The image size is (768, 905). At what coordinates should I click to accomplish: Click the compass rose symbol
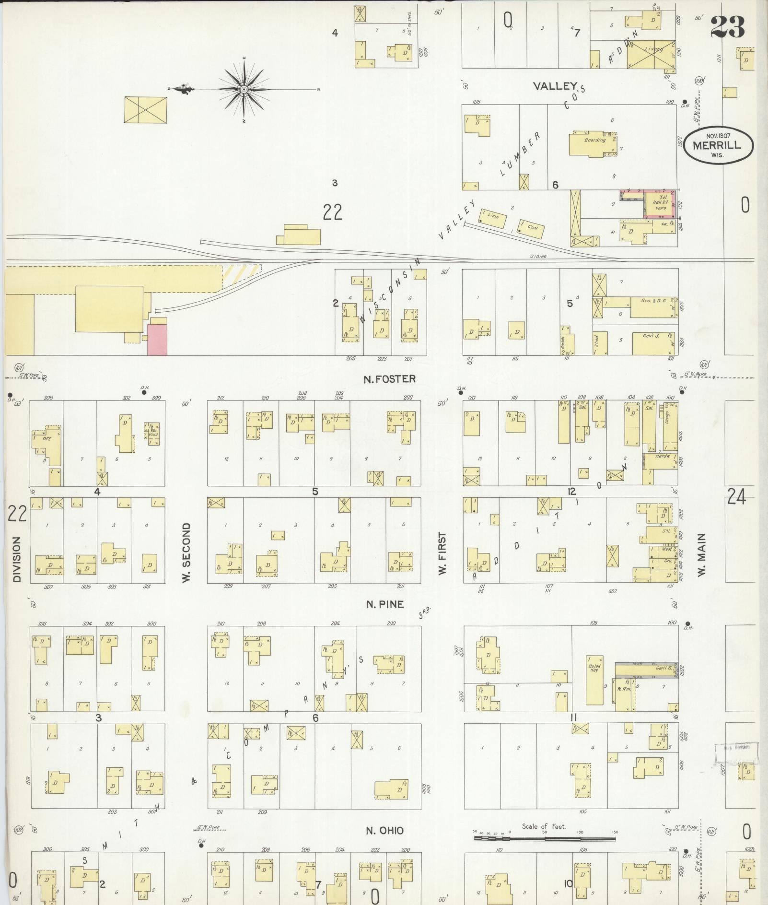[244, 89]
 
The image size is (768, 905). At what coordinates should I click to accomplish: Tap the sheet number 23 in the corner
[727, 27]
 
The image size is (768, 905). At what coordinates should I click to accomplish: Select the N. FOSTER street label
[389, 379]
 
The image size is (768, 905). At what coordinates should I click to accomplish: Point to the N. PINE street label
[385, 604]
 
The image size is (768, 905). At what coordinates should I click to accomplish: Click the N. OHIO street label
[385, 831]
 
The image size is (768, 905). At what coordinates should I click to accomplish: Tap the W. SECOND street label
[186, 552]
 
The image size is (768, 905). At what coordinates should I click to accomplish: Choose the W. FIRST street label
[442, 552]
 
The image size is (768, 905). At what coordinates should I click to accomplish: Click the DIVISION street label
[17, 559]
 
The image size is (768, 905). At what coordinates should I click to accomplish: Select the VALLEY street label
[555, 86]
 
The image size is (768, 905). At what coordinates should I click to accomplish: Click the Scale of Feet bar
[545, 839]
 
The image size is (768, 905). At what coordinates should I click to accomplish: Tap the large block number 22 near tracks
[332, 212]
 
